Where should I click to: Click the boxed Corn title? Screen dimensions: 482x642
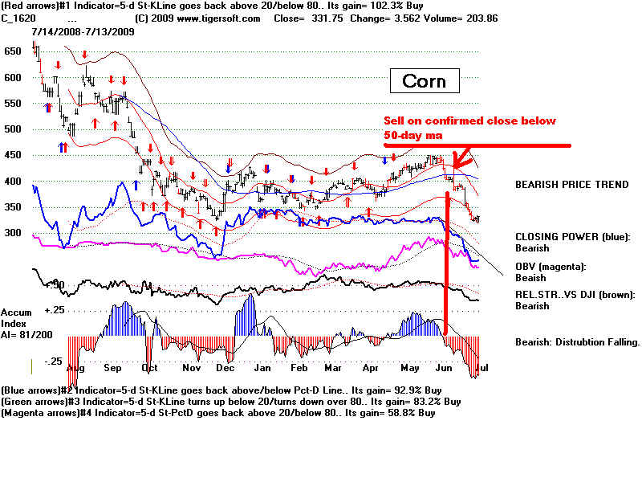424,81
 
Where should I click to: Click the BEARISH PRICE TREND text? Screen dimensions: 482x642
571,184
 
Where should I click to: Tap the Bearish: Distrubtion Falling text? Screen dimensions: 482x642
577,341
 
